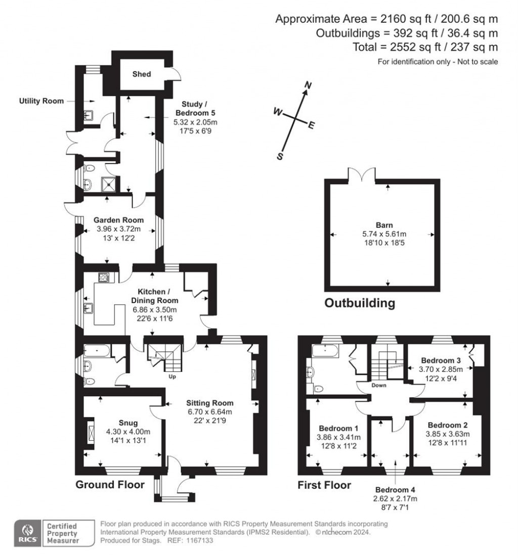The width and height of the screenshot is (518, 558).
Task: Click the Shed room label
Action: pyautogui.click(x=142, y=74)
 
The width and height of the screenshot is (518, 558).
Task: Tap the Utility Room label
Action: pyautogui.click(x=41, y=101)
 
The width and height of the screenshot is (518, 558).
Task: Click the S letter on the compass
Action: pyautogui.click(x=279, y=156)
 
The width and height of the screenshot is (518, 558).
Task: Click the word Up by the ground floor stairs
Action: pyautogui.click(x=172, y=377)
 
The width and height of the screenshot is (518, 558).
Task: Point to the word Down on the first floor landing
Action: pyautogui.click(x=379, y=385)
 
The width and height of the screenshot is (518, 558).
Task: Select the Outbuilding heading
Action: pyautogui.click(x=359, y=303)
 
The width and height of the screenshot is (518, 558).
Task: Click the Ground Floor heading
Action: pyautogui.click(x=110, y=485)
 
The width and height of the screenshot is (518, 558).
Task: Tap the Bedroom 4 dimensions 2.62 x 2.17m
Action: pyautogui.click(x=396, y=498)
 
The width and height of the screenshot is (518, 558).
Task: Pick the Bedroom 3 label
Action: pyautogui.click(x=441, y=360)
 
